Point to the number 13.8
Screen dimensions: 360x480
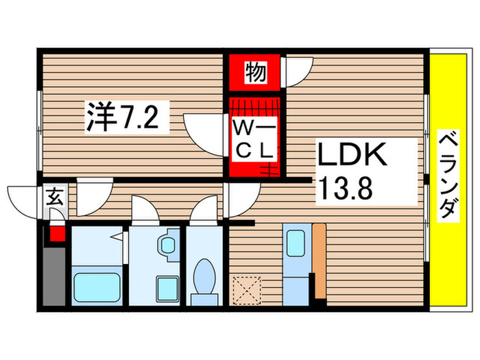point(346,187)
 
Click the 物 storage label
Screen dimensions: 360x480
point(254,72)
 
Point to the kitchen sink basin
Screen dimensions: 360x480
point(297,243)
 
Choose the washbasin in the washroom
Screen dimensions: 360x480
point(167,245)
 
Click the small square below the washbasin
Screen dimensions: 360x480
point(165,287)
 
